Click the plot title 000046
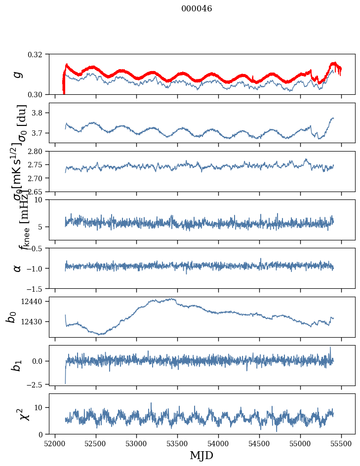click(197, 9)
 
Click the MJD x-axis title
click(201, 456)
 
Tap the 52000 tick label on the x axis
click(55, 444)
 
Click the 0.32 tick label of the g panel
click(39, 54)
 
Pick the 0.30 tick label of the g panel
click(39, 94)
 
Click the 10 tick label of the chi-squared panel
click(40, 407)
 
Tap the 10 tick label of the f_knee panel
click(41, 200)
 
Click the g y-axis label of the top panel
click(18, 74)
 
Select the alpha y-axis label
click(18, 268)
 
